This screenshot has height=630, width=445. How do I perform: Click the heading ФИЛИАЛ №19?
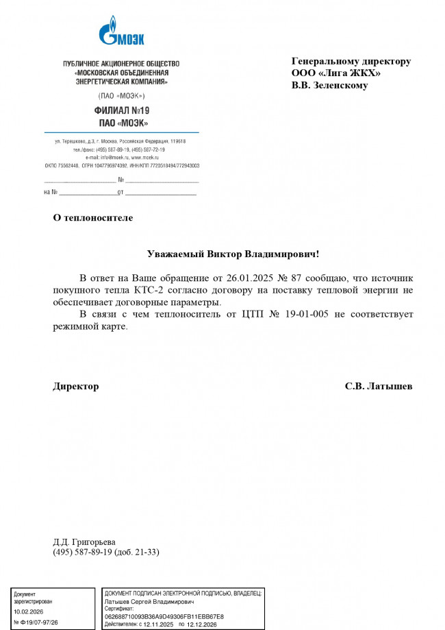click(121, 110)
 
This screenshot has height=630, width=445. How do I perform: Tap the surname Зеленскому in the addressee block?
click(340, 86)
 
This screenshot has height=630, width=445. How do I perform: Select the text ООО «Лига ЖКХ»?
click(336, 73)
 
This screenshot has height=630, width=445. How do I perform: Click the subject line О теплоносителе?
click(93, 218)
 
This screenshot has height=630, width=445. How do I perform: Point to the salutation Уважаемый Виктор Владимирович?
click(233, 254)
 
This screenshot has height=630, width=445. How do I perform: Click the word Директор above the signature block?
click(76, 386)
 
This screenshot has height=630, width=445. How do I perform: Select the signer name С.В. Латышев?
click(379, 386)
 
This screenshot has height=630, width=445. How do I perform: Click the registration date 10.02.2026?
click(27, 611)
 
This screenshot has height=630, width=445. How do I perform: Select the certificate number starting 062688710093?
click(164, 616)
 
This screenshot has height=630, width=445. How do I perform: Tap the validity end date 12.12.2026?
click(202, 625)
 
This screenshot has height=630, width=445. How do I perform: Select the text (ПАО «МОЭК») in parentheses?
click(121, 95)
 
